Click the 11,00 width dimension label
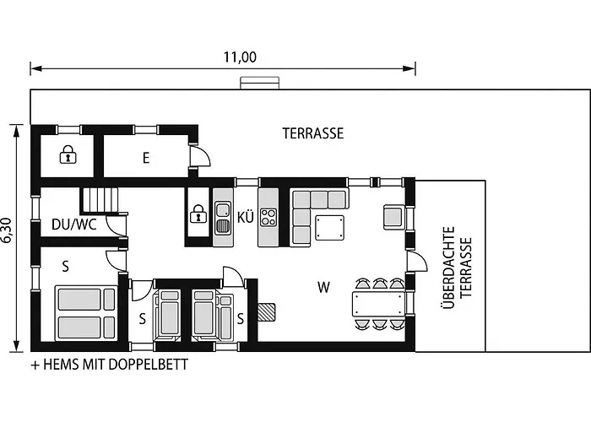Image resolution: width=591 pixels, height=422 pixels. (x=240, y=57)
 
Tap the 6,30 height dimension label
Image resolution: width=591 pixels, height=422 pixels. (x=8, y=230)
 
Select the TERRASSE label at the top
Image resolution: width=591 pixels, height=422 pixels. (x=313, y=133)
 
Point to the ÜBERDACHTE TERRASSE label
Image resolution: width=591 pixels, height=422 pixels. (x=456, y=268)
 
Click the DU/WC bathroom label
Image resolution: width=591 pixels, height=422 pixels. (x=74, y=225)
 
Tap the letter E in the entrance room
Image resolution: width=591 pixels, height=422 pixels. (x=146, y=158)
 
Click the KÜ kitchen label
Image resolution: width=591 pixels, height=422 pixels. (x=246, y=217)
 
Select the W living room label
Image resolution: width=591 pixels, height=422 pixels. (x=323, y=288)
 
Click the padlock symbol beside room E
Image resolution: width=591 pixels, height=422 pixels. (x=68, y=154)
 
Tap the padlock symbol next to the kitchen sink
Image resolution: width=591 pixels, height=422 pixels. (x=198, y=214)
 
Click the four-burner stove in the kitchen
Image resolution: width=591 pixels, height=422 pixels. (x=268, y=217)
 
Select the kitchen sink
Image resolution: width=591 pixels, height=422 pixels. (x=223, y=218)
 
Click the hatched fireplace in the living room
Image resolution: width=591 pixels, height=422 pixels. (x=267, y=312)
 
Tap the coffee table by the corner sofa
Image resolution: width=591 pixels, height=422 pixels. (x=330, y=227)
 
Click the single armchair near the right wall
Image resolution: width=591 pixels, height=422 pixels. (x=394, y=217)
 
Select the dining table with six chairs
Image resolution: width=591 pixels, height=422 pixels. (x=379, y=305)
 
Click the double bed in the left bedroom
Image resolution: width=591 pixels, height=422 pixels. (x=86, y=314)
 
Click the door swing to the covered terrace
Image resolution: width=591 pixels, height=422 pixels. (x=417, y=261)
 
